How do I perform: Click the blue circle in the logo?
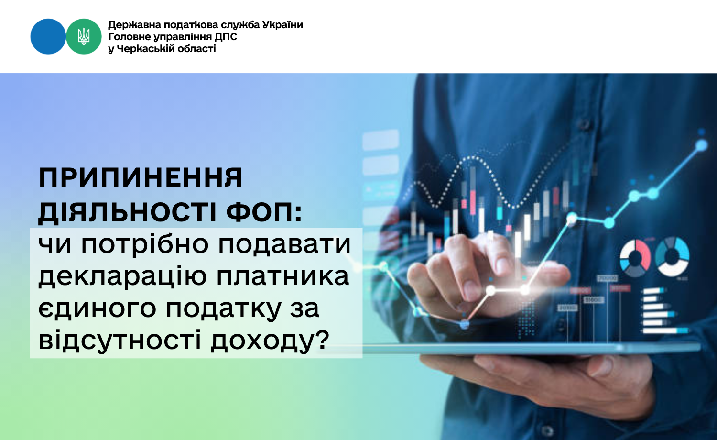click(48, 36)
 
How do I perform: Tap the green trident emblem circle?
click(84, 36)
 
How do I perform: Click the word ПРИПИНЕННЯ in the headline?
click(141, 178)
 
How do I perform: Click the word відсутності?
click(119, 341)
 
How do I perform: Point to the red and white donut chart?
click(635, 257)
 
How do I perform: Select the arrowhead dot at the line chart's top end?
click(701, 145)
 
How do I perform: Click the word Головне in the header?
click(128, 37)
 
